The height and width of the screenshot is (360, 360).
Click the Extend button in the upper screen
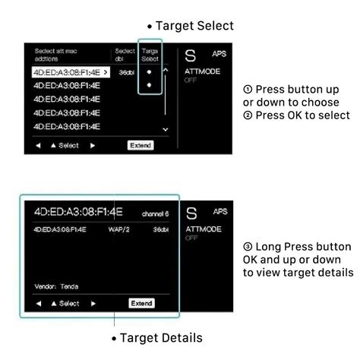tap(140, 145)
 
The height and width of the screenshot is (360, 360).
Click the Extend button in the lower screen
tap(141, 304)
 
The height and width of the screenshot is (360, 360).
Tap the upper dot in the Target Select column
tap(150, 72)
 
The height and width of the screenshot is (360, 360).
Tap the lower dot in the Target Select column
tap(150, 86)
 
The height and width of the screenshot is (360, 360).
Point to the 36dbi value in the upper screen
tap(125, 73)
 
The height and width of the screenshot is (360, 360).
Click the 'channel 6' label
tap(157, 213)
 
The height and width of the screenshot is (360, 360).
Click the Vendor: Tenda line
tap(56, 286)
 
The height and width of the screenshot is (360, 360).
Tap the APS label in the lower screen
tap(220, 212)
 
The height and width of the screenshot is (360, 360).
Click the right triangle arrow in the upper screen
tap(93, 145)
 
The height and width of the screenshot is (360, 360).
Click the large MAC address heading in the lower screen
tap(78, 211)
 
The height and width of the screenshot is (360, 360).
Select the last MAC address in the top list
tap(67, 126)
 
